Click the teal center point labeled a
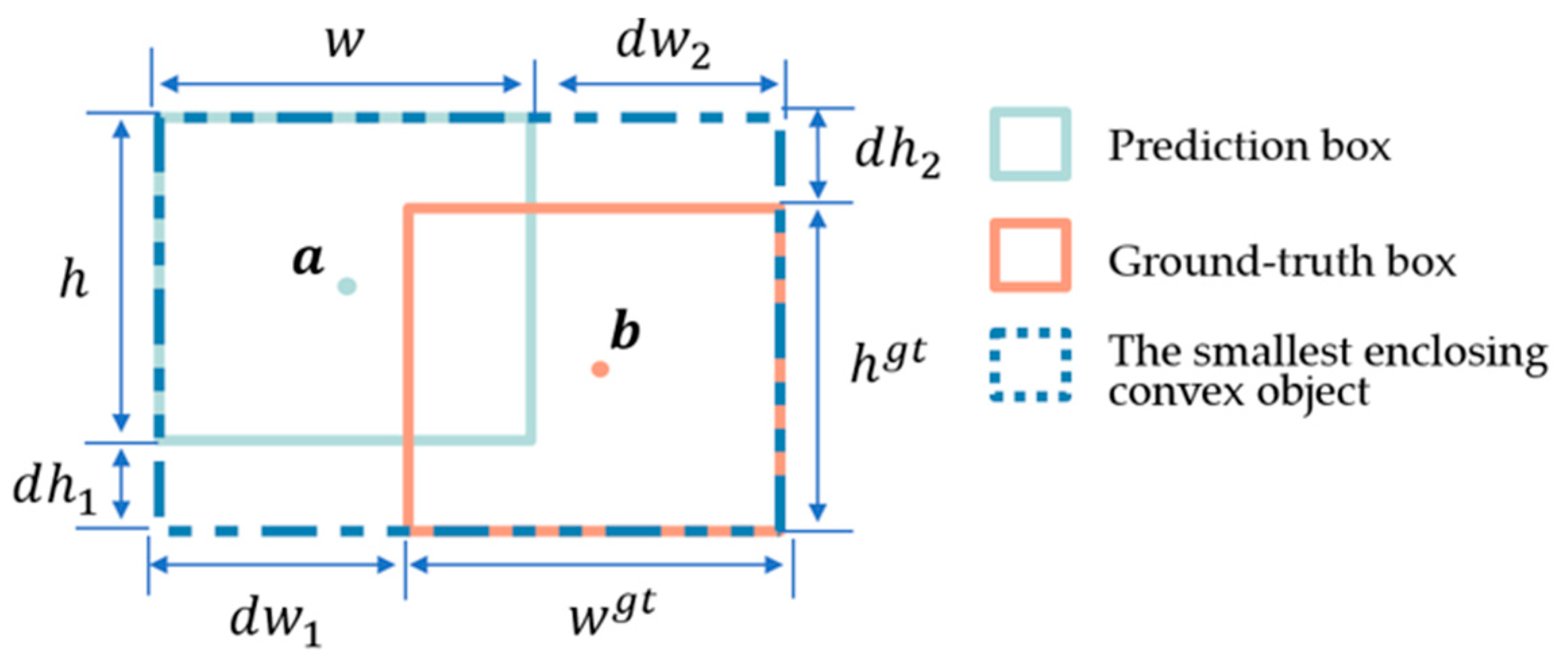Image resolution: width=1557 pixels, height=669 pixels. [x=347, y=286]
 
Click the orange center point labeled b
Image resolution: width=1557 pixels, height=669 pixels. [x=600, y=369]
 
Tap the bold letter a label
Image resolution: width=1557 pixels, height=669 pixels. [x=308, y=260]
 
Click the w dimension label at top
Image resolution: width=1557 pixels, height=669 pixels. [x=345, y=42]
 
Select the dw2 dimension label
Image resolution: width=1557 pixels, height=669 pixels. [x=662, y=46]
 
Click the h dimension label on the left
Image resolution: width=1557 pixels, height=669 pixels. [x=74, y=279]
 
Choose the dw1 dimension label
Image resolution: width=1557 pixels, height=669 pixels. [x=275, y=622]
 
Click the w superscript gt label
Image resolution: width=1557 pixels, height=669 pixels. [x=611, y=613]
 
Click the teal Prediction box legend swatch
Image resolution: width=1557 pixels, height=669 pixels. [x=1029, y=144]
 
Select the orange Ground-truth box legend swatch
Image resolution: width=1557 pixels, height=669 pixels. [x=1029, y=255]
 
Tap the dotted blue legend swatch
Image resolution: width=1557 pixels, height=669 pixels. [x=1029, y=365]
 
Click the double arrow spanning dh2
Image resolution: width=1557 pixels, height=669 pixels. [x=818, y=155]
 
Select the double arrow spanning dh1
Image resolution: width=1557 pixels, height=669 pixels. [x=121, y=484]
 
